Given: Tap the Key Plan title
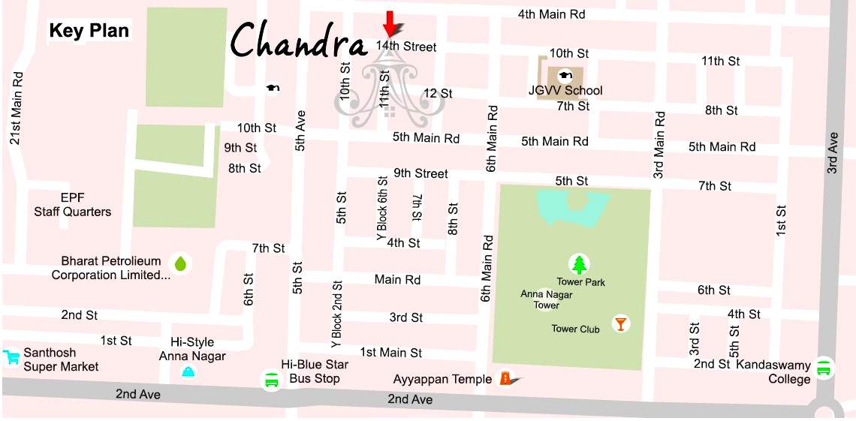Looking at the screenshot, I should point(89,32).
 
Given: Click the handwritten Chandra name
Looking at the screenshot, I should point(298,41).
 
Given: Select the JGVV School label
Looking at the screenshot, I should point(565,91).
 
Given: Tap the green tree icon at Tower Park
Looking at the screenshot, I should point(579,264).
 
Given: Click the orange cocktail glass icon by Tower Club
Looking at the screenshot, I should point(620,323).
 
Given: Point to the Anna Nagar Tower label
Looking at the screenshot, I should point(547,300).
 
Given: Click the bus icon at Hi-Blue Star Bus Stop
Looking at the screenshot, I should point(271,380).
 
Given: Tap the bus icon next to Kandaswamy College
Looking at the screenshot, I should point(824,368).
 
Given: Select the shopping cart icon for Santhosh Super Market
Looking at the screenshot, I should point(11,356).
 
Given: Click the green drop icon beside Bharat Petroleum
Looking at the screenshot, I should point(180,263).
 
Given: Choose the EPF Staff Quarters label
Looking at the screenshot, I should point(72,205).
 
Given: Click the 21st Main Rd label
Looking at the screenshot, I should point(16,108).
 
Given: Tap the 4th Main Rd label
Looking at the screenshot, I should point(551,14).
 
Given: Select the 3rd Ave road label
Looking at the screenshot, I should point(832,154).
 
